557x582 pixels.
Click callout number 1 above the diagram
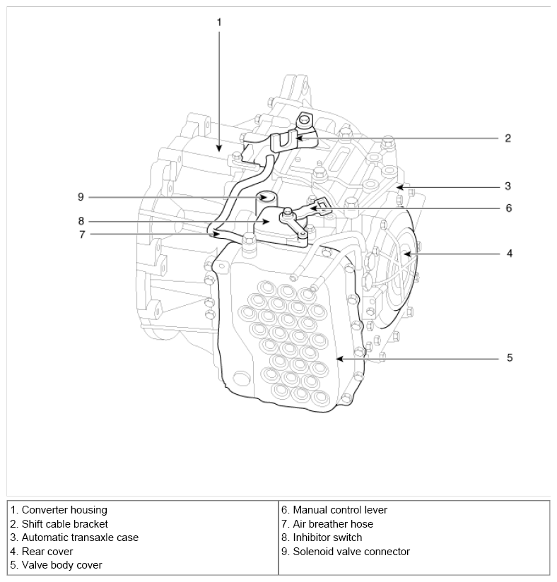coord(219,23)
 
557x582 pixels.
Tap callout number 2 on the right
coord(508,138)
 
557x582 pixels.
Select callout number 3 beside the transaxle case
coord(508,186)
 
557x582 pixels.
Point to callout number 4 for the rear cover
coord(510,254)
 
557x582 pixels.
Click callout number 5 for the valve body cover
coord(510,358)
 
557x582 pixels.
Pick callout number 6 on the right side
coord(509,208)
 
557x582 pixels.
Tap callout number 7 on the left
coord(82,234)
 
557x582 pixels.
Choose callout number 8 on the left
coord(81,221)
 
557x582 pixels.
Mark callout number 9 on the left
coord(81,197)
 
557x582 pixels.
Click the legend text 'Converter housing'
coord(64,510)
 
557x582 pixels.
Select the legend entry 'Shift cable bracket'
coord(64,523)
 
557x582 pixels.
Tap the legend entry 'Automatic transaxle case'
coord(80,538)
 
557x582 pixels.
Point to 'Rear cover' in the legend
coord(47,551)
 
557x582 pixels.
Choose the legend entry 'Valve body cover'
coord(61,565)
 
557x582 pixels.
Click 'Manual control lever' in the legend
coord(340,510)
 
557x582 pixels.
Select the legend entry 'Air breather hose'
coord(333,523)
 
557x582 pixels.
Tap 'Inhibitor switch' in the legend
coord(327,538)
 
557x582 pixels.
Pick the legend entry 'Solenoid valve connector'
coord(351,551)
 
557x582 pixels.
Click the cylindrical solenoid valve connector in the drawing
coord(265,203)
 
